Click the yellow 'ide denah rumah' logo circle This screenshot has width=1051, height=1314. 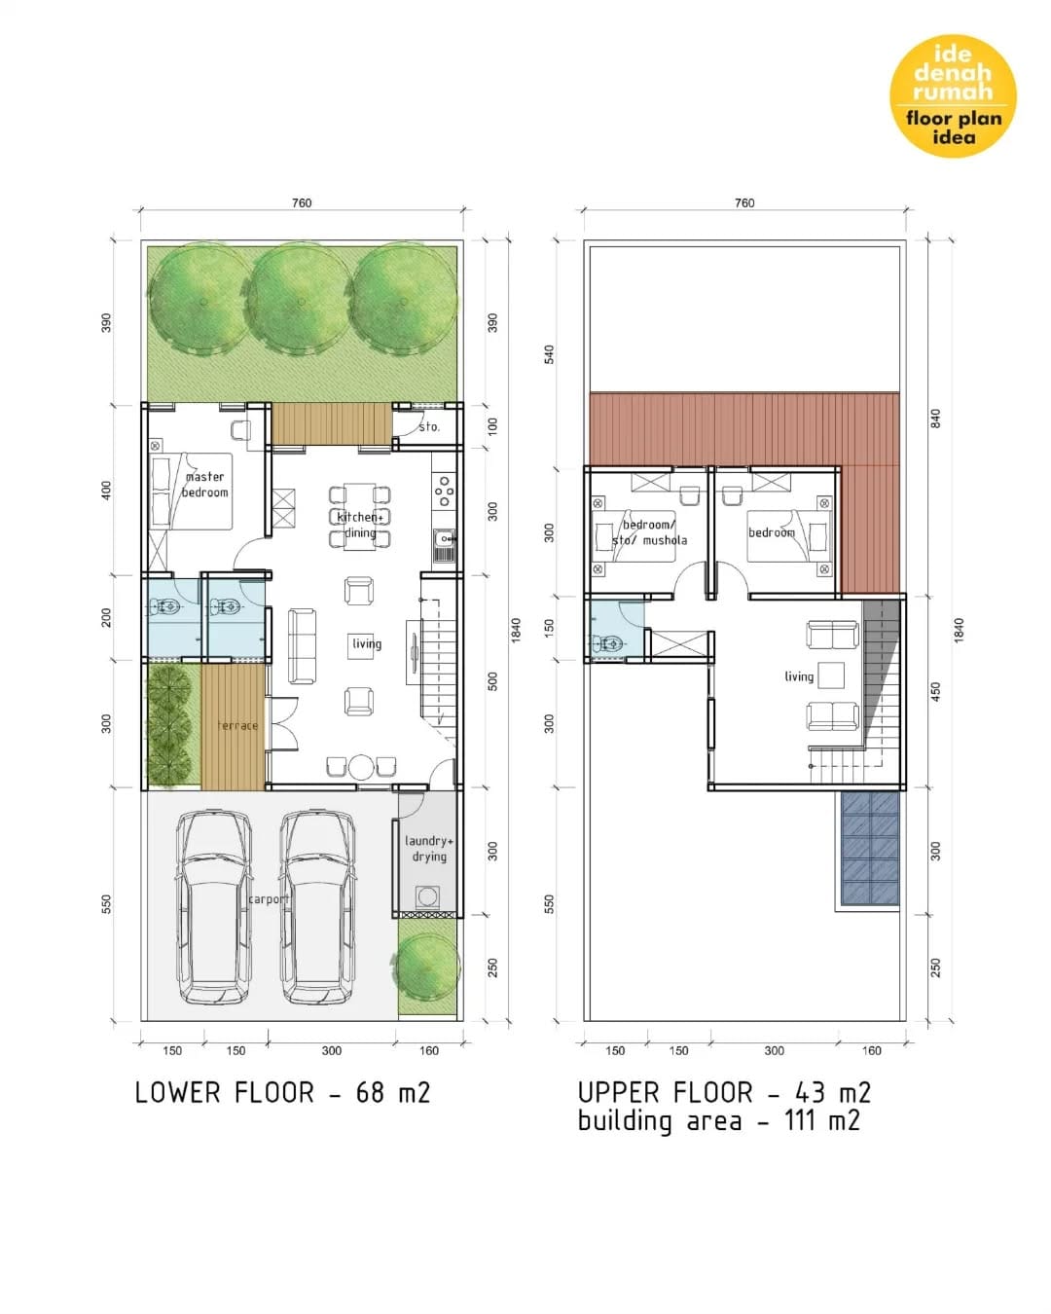pos(952,95)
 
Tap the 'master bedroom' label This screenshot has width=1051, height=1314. pos(204,484)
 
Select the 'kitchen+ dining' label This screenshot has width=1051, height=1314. pos(360,525)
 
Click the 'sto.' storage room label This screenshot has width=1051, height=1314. pos(429,426)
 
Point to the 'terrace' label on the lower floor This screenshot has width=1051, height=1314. pos(237,725)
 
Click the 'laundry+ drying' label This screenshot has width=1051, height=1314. pos(429,849)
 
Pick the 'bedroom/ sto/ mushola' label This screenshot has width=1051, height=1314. pos(649,532)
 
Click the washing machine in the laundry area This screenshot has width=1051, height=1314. pos(427,896)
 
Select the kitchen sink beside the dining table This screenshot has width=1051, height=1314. pos(445,545)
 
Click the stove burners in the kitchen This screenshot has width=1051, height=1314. pos(444,492)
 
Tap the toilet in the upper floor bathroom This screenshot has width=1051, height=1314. pos(605,643)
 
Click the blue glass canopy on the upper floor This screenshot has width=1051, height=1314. pos(870,848)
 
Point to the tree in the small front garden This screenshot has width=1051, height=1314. pos(426,967)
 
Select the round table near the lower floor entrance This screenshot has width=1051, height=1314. pos(360,768)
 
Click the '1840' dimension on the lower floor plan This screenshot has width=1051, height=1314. pos(516,630)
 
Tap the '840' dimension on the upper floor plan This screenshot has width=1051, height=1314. pos(934,419)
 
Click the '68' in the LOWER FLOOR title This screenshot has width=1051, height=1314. pos(370,1092)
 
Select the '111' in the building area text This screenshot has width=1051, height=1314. pos(799,1120)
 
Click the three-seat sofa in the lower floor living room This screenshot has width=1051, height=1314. pos(302,645)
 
